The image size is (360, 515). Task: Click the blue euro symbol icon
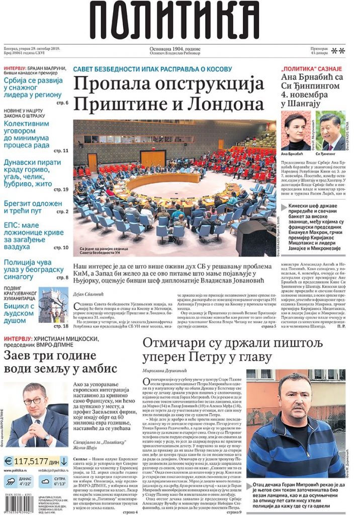pyautogui.click(x=9, y=460)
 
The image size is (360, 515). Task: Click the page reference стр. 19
pyautogui.click(x=61, y=190)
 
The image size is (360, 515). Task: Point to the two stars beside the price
pyautogui.click(x=338, y=50)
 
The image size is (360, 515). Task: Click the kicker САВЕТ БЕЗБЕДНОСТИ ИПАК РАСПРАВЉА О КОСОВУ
pyautogui.click(x=152, y=69)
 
